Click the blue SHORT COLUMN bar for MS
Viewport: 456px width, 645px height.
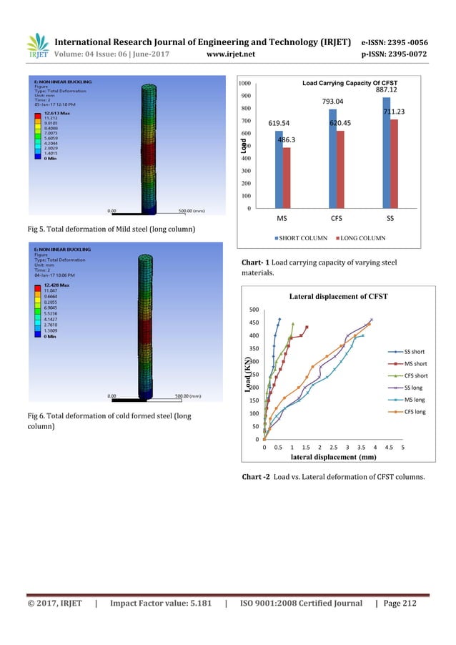279,169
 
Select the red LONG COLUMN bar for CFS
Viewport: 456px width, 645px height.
340,169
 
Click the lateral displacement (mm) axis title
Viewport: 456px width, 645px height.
333,456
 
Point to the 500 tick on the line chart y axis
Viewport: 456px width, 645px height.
254,310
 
